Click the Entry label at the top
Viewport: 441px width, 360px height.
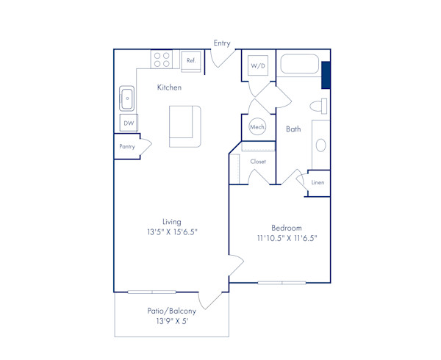pos(222,43)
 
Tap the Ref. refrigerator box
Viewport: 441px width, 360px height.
pos(191,60)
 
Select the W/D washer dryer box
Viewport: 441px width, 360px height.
pos(258,66)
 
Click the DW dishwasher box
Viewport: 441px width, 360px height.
pos(129,123)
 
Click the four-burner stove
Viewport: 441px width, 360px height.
pos(162,60)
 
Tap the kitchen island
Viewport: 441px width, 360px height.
pos(184,126)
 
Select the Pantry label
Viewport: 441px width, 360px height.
pos(127,147)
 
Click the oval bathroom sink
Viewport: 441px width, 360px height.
pos(320,145)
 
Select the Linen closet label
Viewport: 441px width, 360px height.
pos(318,182)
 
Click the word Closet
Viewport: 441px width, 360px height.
pos(258,162)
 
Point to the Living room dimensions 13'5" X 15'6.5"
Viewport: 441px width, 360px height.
pos(172,231)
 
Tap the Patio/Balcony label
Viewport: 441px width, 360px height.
pos(172,311)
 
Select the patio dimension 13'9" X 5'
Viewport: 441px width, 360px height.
pos(172,321)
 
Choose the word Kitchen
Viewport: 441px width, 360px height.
pos(169,87)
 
